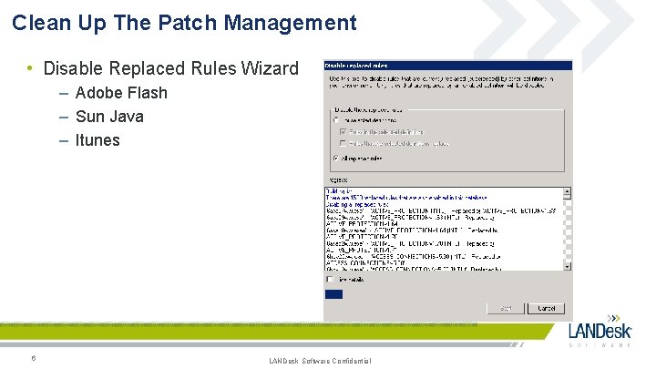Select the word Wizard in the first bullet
click(271, 68)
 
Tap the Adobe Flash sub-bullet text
click(121, 93)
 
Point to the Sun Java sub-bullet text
click(109, 117)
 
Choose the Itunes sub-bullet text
click(97, 140)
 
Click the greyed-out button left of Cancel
click(506, 308)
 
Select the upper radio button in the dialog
click(335, 119)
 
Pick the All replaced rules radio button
click(335, 158)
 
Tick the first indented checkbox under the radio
click(343, 131)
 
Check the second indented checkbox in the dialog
click(343, 143)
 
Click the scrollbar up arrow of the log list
click(568, 192)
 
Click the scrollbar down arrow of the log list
click(568, 266)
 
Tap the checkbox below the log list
click(329, 280)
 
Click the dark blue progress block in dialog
click(333, 293)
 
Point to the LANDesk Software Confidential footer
click(320, 362)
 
